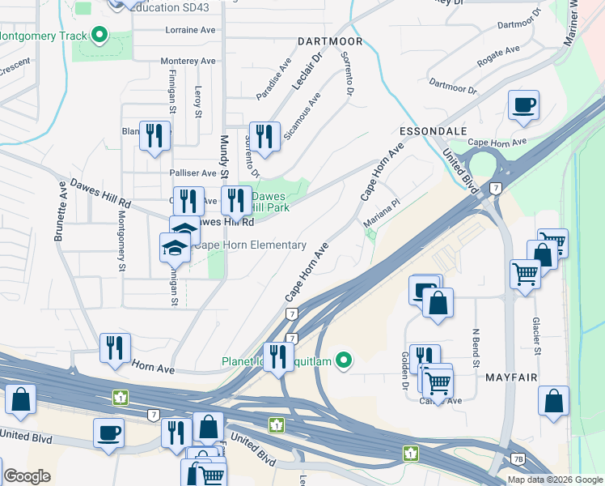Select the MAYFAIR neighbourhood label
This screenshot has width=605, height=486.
click(512, 377)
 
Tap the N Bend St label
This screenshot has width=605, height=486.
click(476, 340)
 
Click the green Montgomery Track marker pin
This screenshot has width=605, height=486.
click(100, 36)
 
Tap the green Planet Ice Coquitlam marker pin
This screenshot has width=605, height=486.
click(344, 360)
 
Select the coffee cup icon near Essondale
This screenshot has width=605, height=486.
click(523, 104)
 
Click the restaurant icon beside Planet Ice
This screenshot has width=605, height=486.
click(277, 356)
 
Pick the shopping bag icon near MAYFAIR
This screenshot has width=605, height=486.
click(553, 400)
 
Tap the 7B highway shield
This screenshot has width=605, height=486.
click(518, 458)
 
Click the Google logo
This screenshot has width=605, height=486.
click(27, 476)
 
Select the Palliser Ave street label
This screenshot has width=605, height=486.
click(193, 173)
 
